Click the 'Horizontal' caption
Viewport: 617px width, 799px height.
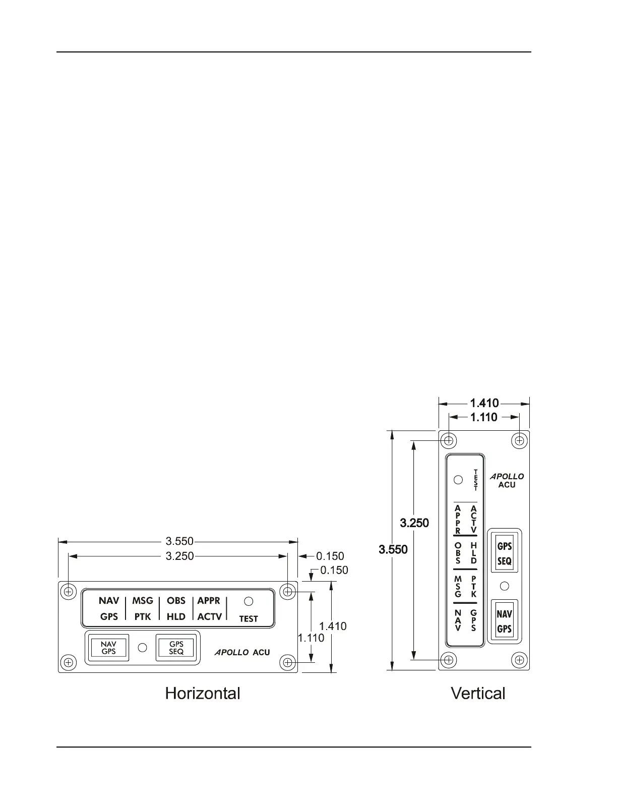tap(203, 694)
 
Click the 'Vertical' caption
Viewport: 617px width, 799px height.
tap(478, 694)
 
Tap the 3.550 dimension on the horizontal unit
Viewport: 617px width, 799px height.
tap(179, 541)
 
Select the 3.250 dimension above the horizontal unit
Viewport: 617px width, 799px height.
tap(179, 556)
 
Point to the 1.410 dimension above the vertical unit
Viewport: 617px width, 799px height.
tap(484, 403)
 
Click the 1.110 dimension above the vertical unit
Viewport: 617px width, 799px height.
tap(483, 417)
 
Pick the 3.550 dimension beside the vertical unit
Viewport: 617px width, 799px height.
tap(393, 549)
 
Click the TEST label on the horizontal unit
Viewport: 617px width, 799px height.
tap(249, 619)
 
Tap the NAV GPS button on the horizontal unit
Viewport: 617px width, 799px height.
tap(108, 648)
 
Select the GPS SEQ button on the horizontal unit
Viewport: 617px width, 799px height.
tap(176, 648)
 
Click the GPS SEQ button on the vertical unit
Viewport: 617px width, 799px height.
tap(504, 553)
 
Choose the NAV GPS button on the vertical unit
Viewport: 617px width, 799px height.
tap(504, 621)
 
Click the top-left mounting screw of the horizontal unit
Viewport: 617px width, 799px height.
tap(68, 591)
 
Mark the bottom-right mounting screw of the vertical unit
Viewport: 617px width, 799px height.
tap(519, 659)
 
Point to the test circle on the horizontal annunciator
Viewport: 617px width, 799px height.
tap(249, 601)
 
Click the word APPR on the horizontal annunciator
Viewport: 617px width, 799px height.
tap(209, 601)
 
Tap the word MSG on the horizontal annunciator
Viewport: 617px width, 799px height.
tap(143, 601)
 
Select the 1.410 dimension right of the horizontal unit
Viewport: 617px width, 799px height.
tap(333, 626)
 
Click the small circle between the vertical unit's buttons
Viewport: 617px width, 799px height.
tap(504, 586)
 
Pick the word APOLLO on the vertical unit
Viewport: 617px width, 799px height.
tap(507, 476)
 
